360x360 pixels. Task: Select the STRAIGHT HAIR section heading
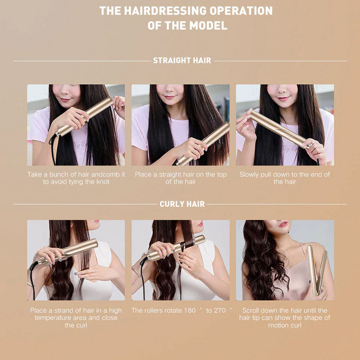coord(182,60)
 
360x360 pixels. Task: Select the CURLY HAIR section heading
coord(182,204)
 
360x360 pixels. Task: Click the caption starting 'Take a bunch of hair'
coord(76,178)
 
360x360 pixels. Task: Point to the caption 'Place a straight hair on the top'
coord(180,178)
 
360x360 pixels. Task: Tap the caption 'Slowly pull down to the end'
coord(284,178)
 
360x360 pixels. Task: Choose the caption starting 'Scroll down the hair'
coord(284,318)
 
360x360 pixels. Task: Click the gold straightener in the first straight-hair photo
coord(85,116)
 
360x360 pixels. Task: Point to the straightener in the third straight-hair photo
coord(279,128)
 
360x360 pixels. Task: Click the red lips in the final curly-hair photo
coord(283,224)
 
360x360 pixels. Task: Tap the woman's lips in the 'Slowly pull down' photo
coord(283,98)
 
